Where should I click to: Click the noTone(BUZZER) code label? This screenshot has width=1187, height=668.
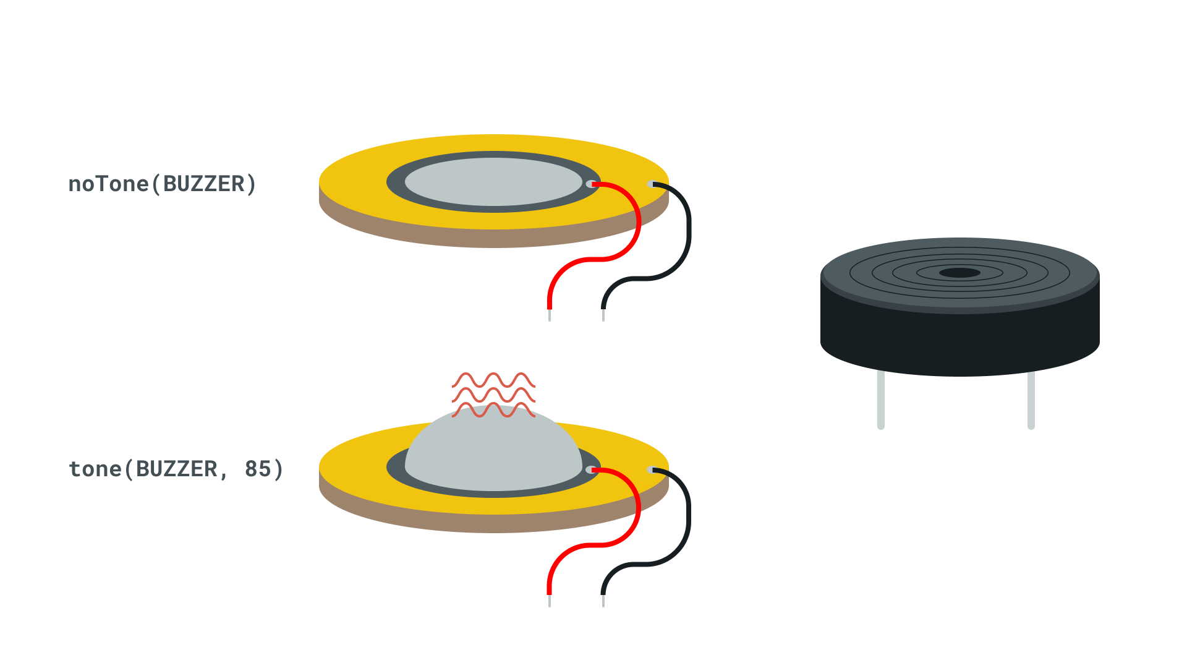coord(162,184)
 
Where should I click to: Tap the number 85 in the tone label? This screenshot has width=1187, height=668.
coord(258,469)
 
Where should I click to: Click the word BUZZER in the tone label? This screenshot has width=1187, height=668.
coord(176,469)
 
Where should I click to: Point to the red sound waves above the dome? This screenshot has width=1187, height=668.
coord(493,395)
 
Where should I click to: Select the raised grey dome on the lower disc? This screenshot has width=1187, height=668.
coord(493,448)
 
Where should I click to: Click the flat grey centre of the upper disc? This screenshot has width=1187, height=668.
coord(493,182)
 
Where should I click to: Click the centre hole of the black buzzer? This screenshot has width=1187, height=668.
coord(959,273)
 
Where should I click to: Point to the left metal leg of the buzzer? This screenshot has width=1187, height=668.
coord(881,400)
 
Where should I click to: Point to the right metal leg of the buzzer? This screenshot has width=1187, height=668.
coord(1031,400)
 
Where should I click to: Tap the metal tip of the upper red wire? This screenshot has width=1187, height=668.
coord(550,315)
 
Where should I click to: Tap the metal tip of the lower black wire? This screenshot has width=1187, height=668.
coord(603,601)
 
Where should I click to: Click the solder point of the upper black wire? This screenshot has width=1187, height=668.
coord(650,184)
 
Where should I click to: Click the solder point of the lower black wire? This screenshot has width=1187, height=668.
coord(650,470)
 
